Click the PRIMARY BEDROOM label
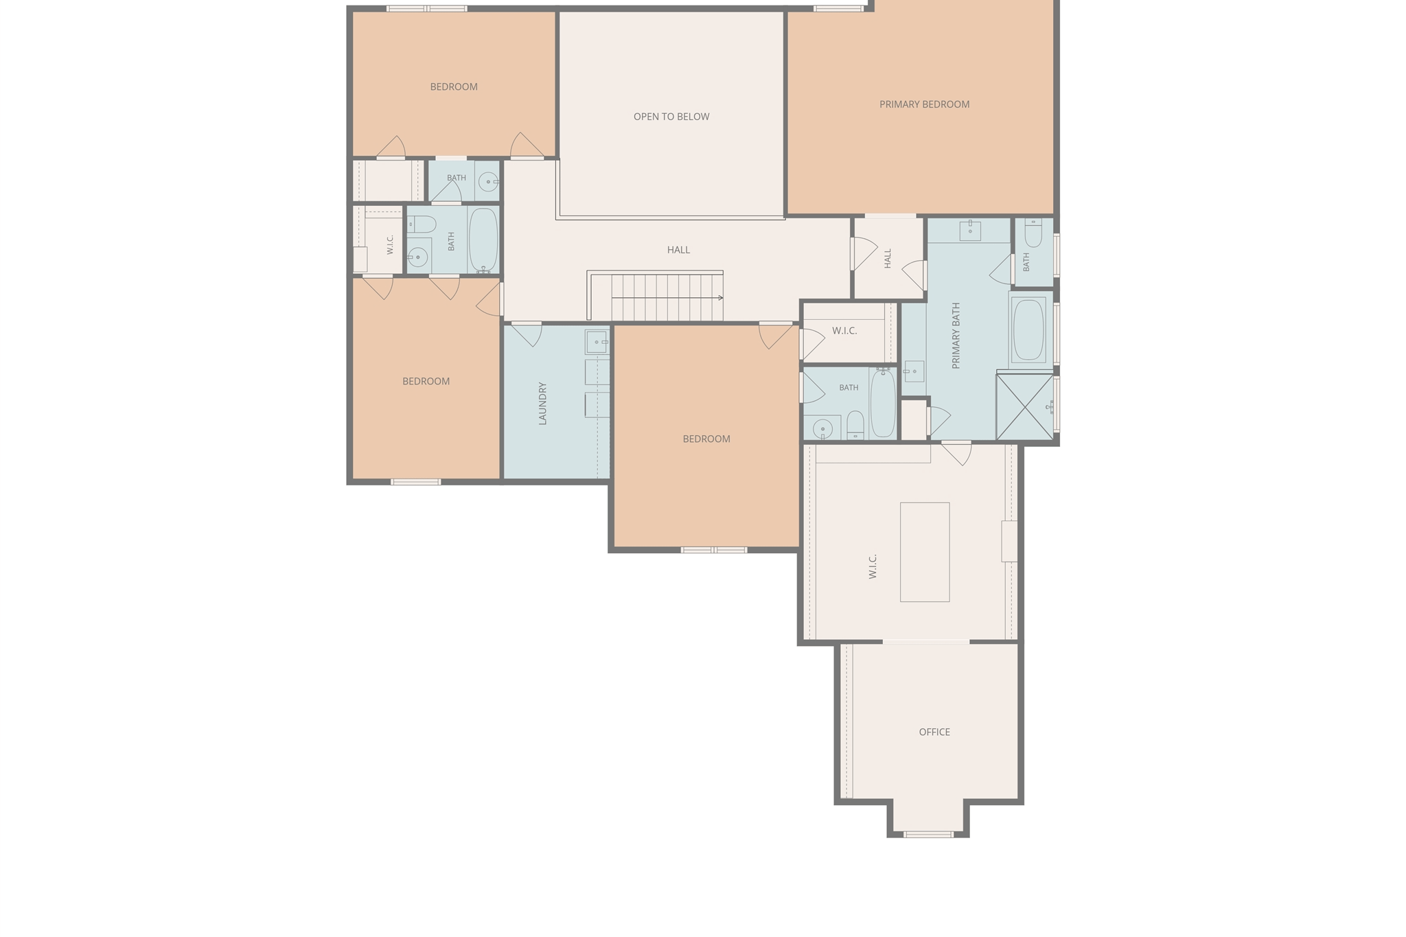(x=924, y=104)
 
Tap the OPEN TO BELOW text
(x=671, y=117)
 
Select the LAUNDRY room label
(x=542, y=404)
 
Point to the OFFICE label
(x=934, y=732)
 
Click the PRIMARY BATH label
(x=956, y=336)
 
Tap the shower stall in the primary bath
(x=1024, y=406)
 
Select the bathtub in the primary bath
(x=1028, y=329)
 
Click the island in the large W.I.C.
(x=925, y=552)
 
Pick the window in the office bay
(x=928, y=835)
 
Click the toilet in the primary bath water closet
(x=1033, y=233)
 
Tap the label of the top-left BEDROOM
(x=454, y=86)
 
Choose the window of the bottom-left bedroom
(x=416, y=482)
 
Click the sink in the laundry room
(x=597, y=342)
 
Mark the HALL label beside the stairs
(x=678, y=250)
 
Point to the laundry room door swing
(x=527, y=334)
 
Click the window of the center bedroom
(x=714, y=550)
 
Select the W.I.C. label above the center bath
(x=844, y=331)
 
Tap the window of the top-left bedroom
(x=427, y=9)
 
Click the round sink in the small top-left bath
(x=488, y=182)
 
